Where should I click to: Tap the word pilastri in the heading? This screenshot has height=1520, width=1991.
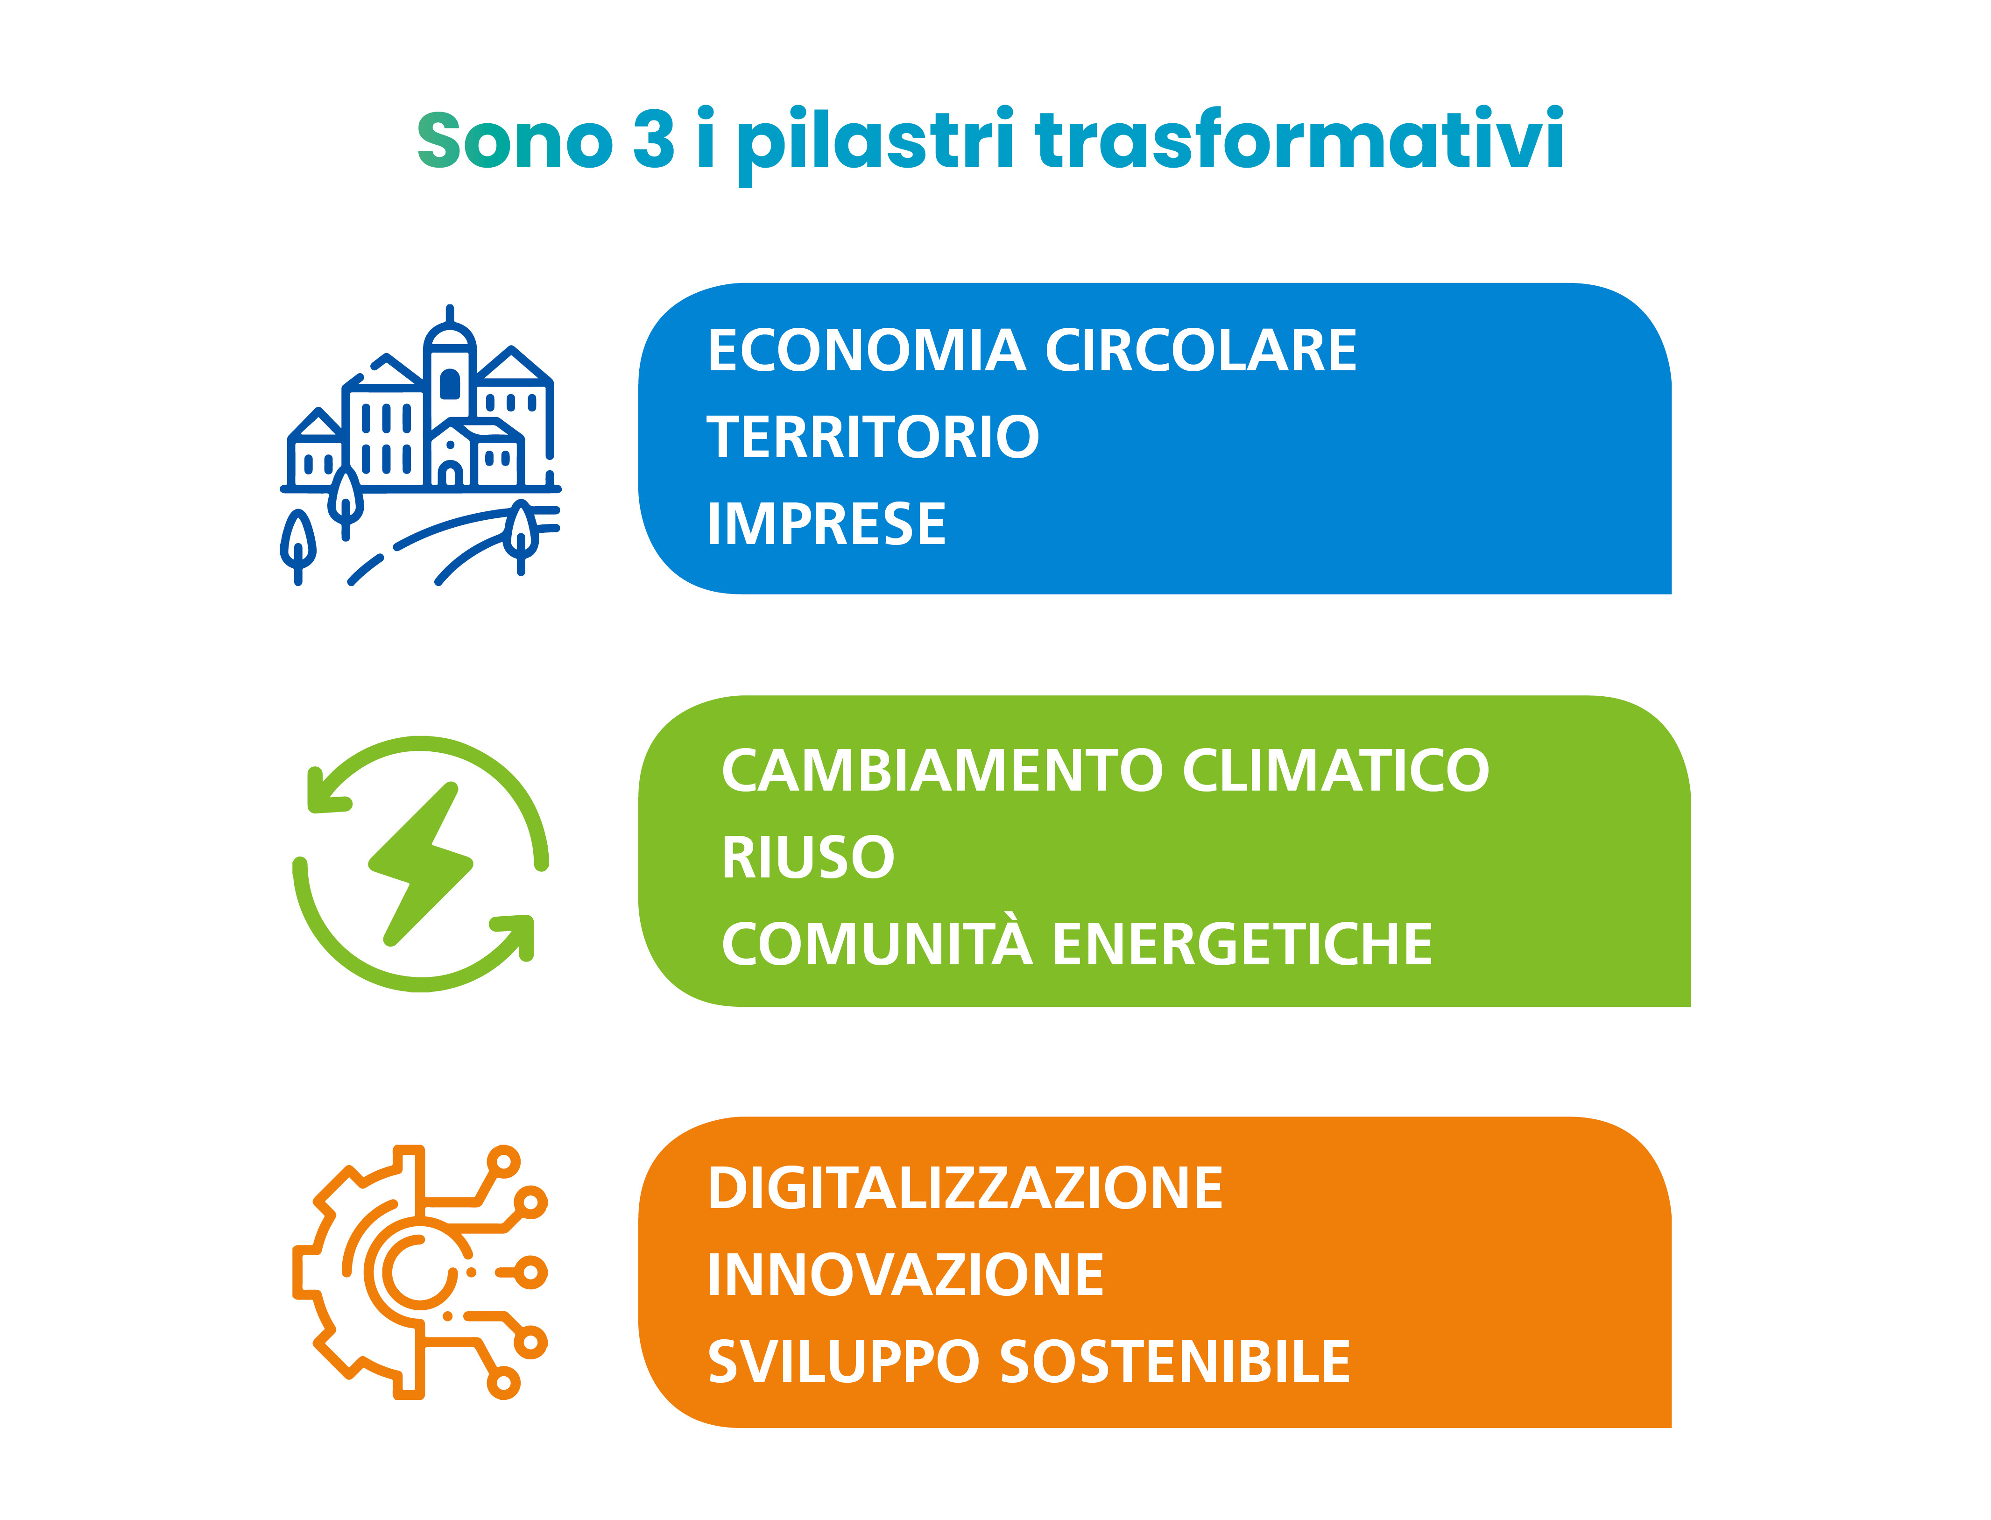point(875,145)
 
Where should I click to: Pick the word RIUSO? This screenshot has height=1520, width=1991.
point(808,858)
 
